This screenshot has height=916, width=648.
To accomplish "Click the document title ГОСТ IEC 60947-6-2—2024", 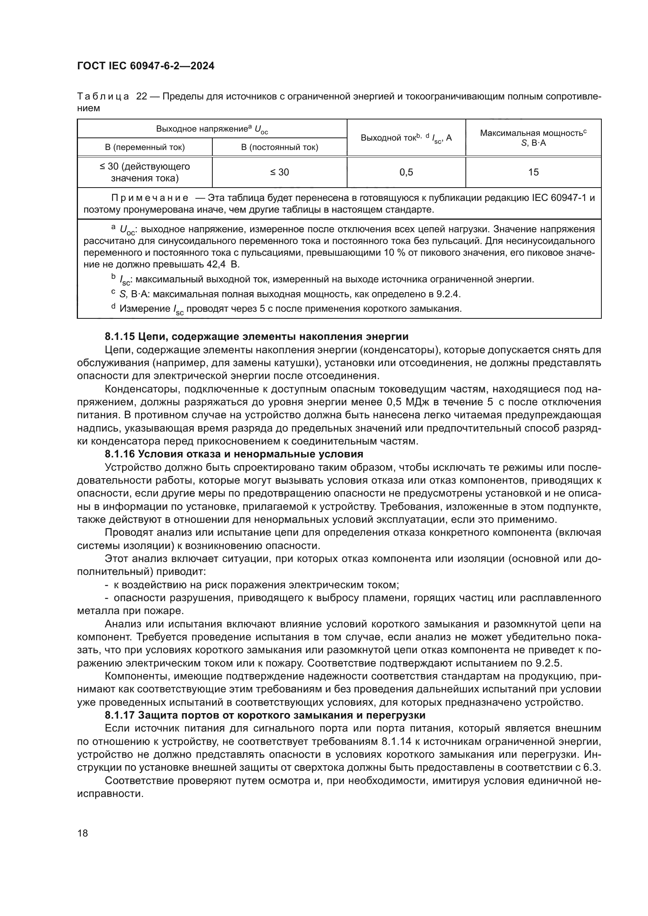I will (x=146, y=66).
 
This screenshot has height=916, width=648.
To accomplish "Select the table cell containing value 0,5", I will (x=406, y=172).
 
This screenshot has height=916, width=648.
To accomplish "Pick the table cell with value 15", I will (x=533, y=172).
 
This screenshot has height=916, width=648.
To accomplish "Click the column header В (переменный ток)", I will (x=145, y=147).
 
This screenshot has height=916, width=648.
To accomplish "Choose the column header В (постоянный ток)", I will (x=279, y=147).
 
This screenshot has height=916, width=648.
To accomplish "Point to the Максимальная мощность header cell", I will (x=533, y=137).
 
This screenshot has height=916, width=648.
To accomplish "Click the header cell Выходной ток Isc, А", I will (x=406, y=137).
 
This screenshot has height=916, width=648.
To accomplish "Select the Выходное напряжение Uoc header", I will (x=212, y=129).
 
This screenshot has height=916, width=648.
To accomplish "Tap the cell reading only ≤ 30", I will (x=279, y=172).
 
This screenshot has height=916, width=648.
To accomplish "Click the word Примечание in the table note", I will (x=150, y=198).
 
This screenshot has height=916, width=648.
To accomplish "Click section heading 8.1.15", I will (x=256, y=336).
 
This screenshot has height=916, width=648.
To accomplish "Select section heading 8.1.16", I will (x=234, y=453).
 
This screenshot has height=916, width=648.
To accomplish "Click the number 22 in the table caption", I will (x=142, y=97).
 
